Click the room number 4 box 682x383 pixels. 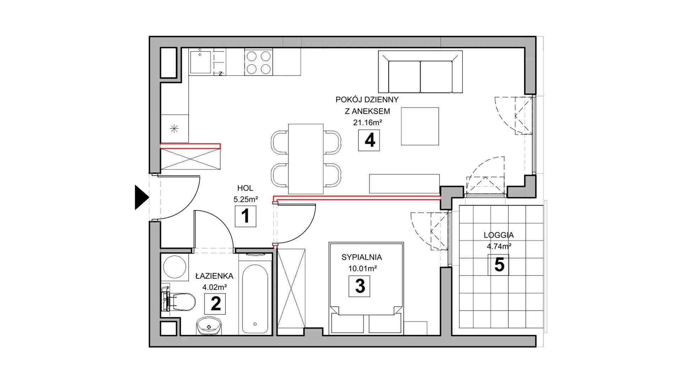coord(369,140)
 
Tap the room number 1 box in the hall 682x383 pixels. coord(245,216)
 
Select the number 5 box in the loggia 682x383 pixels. coord(498,265)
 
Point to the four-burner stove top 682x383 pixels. coord(259,62)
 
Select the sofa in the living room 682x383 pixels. coord(421,72)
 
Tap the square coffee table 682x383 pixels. coord(420,126)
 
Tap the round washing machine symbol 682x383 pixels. coord(175,267)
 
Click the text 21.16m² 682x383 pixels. coord(367,123)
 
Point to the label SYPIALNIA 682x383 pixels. coord(362,257)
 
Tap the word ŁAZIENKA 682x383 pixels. coord(214,276)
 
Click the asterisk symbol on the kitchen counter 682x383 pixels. coord(174,128)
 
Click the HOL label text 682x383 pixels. coord(245,188)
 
